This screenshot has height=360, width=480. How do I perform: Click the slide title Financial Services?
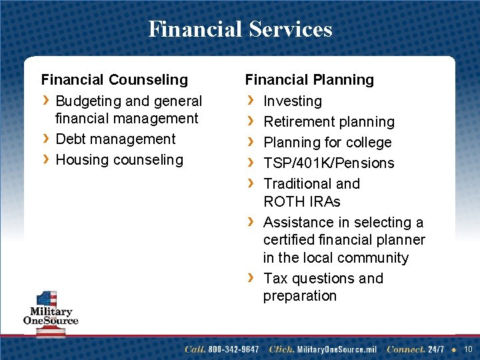240,29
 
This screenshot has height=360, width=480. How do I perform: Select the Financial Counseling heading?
115,80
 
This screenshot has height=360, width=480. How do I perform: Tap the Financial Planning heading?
309,80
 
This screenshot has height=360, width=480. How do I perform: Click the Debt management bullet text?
115,139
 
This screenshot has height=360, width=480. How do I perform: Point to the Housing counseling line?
119,160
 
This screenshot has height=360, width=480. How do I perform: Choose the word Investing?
293,101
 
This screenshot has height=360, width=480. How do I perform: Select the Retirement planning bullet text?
329,122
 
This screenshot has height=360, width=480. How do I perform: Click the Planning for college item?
327,143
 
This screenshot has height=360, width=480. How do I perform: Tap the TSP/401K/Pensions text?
329,163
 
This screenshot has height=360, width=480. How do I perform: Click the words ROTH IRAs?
302,201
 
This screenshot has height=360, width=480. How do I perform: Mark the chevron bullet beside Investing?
249,101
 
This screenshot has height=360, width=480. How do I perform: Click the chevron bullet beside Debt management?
45,139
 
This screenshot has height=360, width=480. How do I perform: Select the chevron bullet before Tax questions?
249,278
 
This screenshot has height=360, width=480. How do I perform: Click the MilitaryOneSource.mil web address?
337,349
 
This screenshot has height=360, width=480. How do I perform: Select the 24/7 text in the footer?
437,349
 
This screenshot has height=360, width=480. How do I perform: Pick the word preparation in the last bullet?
300,296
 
